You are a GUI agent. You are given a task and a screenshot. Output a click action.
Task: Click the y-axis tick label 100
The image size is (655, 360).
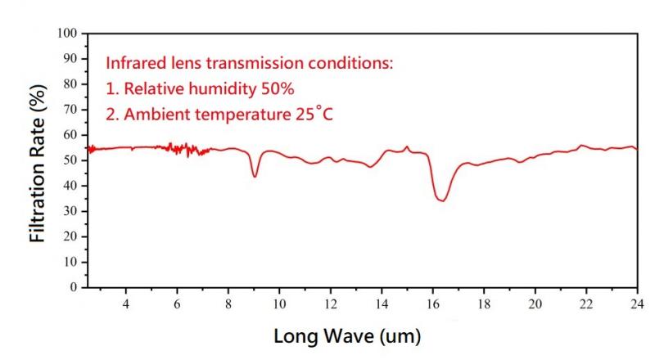pyautogui.click(x=67, y=34)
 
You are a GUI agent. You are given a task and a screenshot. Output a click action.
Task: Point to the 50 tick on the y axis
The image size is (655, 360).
pyautogui.click(x=70, y=160)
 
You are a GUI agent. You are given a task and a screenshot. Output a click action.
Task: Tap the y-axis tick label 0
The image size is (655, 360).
pyautogui.click(x=73, y=288)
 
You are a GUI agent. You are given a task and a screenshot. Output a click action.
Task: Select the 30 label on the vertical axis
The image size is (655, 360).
pyautogui.click(x=70, y=211)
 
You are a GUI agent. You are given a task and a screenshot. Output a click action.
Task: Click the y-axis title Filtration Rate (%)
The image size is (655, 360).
pyautogui.click(x=36, y=161)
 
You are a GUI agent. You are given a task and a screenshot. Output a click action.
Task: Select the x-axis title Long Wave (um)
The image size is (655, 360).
pyautogui.click(x=348, y=335)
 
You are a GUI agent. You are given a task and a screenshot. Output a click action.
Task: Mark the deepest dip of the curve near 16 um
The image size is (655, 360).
pyautogui.click(x=443, y=200)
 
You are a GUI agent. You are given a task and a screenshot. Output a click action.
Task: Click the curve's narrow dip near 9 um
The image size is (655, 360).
pyautogui.click(x=255, y=176)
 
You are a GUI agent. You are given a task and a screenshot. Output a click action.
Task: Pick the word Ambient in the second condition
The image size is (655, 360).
pyautogui.click(x=148, y=114)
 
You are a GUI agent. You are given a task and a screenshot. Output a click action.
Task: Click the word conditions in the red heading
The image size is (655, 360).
pyautogui.click(x=353, y=63)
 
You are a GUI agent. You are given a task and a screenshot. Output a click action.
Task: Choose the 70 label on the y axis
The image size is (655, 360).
pyautogui.click(x=70, y=110)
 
